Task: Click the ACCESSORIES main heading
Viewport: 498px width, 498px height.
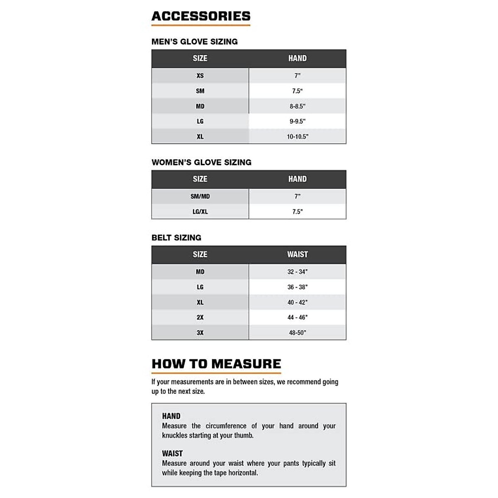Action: pos(201,16)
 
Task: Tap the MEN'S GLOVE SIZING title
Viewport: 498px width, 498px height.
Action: pos(195,41)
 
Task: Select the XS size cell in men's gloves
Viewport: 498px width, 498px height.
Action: pos(200,76)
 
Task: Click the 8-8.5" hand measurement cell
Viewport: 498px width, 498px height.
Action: pos(297,106)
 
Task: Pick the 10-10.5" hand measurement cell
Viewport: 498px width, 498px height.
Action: pos(297,137)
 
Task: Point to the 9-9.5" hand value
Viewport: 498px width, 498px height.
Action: pos(297,121)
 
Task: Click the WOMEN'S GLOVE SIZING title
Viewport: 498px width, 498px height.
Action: pos(201,162)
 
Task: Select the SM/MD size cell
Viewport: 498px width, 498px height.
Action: pos(200,196)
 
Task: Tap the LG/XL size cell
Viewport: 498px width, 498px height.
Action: pos(200,212)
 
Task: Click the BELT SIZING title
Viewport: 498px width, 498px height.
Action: pos(176,238)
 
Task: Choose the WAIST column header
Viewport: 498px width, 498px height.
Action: pos(297,254)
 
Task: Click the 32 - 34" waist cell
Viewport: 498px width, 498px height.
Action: pos(297,272)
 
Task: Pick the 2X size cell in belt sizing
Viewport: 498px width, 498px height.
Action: pos(200,317)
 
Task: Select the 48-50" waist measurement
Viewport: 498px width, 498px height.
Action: pos(297,333)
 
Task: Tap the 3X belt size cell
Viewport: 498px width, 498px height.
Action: pos(200,333)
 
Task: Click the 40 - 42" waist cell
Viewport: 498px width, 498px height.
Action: pos(297,303)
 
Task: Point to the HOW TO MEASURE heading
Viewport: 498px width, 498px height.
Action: pos(216,364)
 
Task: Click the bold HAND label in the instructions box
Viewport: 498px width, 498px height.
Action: pos(171,416)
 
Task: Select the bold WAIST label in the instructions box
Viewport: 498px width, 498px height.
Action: pos(172,454)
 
